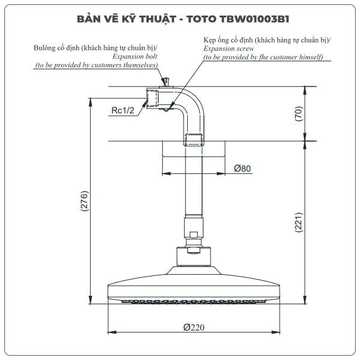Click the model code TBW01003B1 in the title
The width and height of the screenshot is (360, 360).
254,19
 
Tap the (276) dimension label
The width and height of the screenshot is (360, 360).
84,201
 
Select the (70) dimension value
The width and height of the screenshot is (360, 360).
299,113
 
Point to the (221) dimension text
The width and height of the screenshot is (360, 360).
299,222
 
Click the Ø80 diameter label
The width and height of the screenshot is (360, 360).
242,168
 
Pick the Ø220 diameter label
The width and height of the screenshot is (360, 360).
194,327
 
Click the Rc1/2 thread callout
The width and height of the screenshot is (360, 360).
122,110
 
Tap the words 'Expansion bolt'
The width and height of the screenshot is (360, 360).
135,56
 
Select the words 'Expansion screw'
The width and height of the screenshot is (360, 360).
229,49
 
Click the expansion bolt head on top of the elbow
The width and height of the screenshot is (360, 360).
166,82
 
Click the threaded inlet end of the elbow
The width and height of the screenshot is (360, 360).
152,98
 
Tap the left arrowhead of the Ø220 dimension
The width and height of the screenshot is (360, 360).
112,332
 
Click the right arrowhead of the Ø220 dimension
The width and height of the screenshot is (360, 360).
275,332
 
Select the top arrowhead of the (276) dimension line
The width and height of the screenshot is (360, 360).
91,102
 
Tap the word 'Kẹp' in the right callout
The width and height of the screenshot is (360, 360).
209,40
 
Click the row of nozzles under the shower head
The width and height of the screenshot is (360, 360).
194,301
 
